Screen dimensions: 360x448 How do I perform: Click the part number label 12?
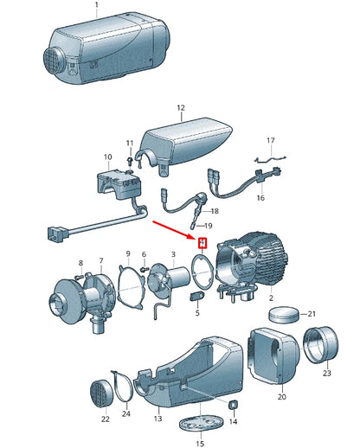181,108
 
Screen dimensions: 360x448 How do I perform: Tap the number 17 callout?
271,141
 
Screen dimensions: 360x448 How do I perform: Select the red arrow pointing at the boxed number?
174,230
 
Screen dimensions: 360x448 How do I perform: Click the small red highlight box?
202,243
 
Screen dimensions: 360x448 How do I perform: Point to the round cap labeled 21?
284,315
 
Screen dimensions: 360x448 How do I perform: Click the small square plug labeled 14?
233,405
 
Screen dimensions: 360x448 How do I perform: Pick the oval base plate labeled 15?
202,423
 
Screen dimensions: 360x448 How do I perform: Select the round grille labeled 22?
102,394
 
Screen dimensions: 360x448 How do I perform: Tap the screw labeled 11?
130,160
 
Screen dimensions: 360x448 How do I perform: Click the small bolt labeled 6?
144,269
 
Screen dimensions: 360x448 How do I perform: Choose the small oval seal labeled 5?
197,296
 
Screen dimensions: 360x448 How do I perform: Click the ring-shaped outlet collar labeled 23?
321,344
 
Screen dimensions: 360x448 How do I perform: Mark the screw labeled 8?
80,277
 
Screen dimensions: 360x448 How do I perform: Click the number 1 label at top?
97,5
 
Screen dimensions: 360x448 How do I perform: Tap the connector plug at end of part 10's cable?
56,234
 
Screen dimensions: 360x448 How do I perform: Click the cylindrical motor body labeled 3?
179,276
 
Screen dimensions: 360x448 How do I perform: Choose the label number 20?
282,397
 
